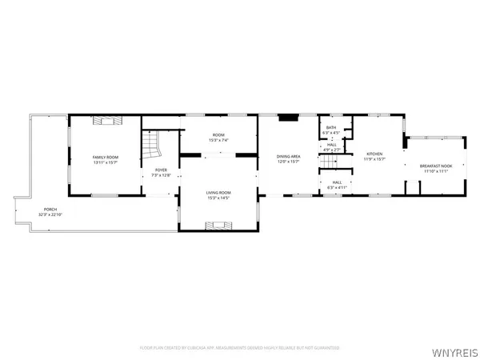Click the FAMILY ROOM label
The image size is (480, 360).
[106, 157]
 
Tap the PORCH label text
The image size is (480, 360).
[53, 210]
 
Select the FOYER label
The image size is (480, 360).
[161, 170]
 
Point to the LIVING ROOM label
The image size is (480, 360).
[218, 192]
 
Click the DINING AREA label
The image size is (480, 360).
[288, 156]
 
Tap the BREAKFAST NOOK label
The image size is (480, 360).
[435, 166]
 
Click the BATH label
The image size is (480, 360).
[331, 128]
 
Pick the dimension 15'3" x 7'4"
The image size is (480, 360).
[218, 140]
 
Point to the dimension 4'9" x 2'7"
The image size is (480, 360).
[331, 150]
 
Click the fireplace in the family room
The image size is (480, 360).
[106, 121]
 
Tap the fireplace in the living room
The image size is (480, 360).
[218, 227]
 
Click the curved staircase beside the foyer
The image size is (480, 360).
[152, 146]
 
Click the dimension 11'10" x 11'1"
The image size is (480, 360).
[435, 171]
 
